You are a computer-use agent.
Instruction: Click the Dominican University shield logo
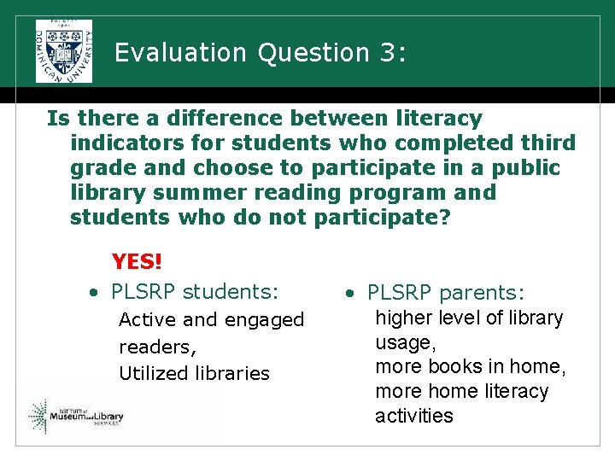coord(64,51)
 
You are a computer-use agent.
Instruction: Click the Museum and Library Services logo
coord(77,416)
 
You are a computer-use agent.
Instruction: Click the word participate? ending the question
coord(382,217)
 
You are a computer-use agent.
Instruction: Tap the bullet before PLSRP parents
coord(349,294)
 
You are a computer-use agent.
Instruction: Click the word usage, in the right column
coord(406,342)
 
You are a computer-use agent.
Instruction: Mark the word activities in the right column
coord(413,416)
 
